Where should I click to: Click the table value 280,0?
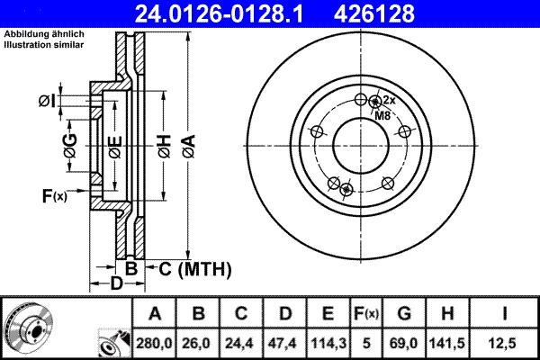click(x=155, y=343)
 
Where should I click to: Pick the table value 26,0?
click(x=198, y=343)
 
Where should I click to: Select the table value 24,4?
click(x=241, y=343)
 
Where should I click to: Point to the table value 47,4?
click(x=284, y=343)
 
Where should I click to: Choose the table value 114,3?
click(x=328, y=343)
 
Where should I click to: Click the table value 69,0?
click(x=405, y=343)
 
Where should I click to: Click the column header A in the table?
click(x=155, y=314)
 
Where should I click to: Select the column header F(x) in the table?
click(x=367, y=314)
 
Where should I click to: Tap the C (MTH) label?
click(x=195, y=268)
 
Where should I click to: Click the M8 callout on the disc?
click(x=382, y=116)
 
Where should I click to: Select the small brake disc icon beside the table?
click(x=28, y=326)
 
